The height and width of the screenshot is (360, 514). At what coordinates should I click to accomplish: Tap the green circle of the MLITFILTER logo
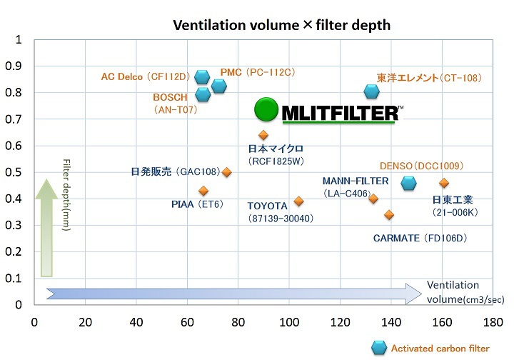click(267, 110)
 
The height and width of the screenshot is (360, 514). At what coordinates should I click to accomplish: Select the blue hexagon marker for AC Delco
click(202, 77)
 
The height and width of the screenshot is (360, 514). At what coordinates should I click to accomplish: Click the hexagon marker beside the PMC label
click(219, 86)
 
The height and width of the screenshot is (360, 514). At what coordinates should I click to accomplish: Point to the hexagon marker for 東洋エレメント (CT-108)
click(371, 91)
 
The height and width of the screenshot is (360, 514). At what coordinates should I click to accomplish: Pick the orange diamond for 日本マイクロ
click(263, 135)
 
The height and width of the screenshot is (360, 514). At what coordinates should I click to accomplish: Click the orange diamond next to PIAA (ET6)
click(203, 191)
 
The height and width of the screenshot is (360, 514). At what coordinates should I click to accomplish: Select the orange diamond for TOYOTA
click(298, 201)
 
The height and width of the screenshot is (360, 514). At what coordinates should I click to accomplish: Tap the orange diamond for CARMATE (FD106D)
click(389, 214)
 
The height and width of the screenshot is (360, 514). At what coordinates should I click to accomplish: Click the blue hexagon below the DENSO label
click(408, 184)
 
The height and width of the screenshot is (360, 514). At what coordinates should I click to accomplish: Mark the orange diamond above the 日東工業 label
click(444, 184)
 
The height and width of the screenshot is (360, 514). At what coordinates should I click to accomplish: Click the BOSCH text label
click(171, 97)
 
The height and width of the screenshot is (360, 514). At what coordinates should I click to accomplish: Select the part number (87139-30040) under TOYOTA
click(281, 218)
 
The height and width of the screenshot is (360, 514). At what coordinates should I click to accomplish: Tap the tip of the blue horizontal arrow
click(420, 294)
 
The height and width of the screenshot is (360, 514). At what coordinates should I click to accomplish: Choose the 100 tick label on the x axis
click(288, 321)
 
